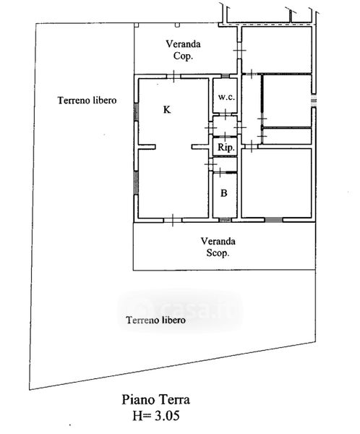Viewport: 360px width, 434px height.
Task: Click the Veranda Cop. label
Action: coord(183,50)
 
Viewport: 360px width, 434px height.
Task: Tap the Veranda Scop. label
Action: coord(218,247)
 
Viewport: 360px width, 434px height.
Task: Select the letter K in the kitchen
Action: coord(167,110)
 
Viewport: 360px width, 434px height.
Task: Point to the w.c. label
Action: coord(226,97)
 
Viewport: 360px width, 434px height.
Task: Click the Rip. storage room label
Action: coord(226,148)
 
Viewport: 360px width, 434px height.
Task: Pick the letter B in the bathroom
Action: coord(224,193)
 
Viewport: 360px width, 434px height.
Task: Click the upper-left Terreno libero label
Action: coord(87,101)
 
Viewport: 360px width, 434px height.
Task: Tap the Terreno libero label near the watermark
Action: coord(155,320)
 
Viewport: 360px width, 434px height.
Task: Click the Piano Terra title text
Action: coord(156,400)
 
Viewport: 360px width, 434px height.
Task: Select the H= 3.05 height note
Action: coord(156,415)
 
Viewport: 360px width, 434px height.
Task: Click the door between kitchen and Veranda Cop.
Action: coord(173,76)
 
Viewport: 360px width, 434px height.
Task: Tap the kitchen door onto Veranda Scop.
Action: coord(173,221)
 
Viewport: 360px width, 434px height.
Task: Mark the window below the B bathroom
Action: coord(225,220)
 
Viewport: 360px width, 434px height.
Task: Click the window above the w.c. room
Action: coord(226,76)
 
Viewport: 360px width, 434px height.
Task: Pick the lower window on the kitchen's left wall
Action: coord(136,182)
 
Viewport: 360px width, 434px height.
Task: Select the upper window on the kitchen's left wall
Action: coord(136,112)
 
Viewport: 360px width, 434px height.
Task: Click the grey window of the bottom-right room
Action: coord(274,220)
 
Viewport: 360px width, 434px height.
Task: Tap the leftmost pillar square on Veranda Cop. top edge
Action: coord(137,25)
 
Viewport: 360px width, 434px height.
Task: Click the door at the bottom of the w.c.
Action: coord(226,114)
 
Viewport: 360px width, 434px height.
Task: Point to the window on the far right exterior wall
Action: coord(314,101)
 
